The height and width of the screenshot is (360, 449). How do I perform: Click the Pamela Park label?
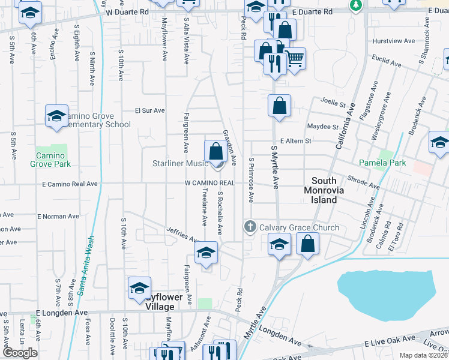coord(382,163)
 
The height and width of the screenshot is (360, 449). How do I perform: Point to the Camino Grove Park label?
coord(53,160)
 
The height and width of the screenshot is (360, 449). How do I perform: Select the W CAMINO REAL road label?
coord(209,182)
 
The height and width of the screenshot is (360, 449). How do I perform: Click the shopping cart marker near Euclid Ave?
coord(294,59)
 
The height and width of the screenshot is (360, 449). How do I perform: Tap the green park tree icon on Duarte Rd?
coord(355,5)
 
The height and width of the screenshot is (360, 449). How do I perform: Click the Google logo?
coord(20,353)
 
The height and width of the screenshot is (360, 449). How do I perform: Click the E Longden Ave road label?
coord(62,313)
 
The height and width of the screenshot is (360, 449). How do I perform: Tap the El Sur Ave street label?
coord(149,110)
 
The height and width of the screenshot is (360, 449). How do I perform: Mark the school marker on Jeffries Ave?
coord(206,254)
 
